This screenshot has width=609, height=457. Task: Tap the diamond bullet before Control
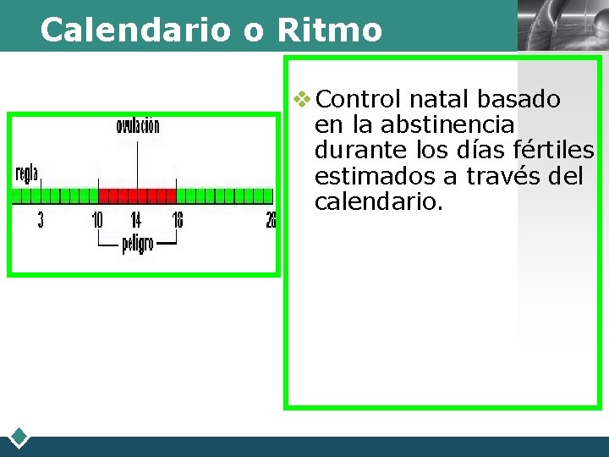click(302, 100)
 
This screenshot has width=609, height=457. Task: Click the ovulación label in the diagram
click(138, 127)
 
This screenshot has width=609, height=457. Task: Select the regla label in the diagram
click(27, 173)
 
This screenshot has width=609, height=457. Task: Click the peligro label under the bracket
click(138, 244)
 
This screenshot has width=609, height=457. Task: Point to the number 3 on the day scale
click(41, 221)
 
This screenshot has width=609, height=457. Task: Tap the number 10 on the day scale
click(97, 221)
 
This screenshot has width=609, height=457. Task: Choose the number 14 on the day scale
click(135, 221)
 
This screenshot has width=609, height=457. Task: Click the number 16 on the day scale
click(177, 221)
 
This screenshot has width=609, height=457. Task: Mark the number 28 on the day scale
click(270, 221)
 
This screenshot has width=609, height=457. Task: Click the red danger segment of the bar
click(137, 195)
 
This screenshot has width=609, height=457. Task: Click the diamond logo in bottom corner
click(19, 438)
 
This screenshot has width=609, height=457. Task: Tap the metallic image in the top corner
click(562, 25)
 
